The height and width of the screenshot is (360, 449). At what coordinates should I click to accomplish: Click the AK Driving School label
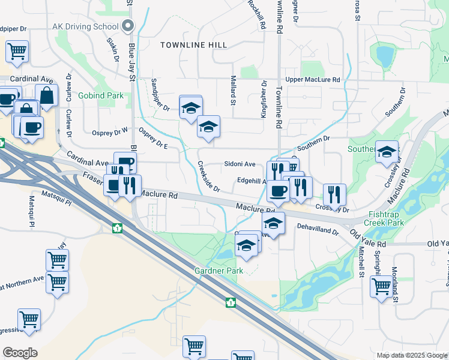click(x=85, y=26)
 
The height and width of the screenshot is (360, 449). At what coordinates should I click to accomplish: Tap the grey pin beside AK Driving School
click(x=127, y=26)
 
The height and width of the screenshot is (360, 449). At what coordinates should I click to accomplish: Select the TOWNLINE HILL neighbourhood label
click(x=193, y=45)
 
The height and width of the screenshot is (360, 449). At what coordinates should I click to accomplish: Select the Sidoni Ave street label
click(x=240, y=164)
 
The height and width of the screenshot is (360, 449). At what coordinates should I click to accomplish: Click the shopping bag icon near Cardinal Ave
click(x=46, y=95)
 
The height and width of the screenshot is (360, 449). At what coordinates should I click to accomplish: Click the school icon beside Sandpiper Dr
click(x=190, y=107)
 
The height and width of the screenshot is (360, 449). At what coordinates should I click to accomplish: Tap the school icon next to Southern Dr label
click(x=387, y=152)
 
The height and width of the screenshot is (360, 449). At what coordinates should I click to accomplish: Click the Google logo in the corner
click(x=20, y=353)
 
